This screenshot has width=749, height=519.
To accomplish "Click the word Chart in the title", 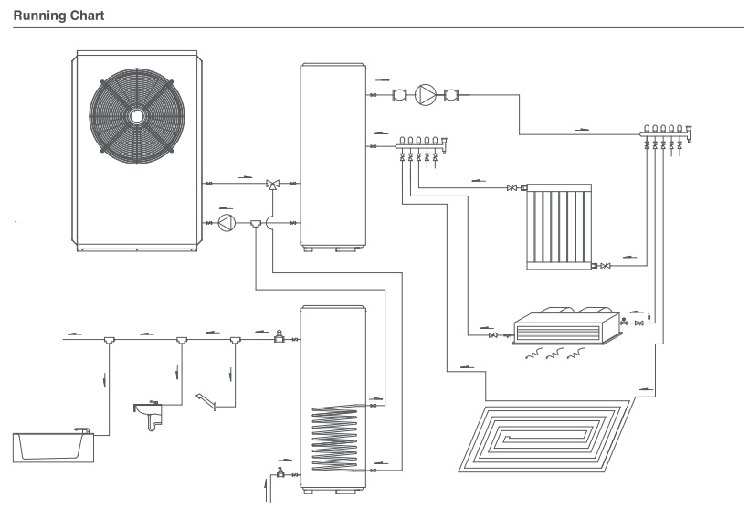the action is pyautogui.click(x=87, y=16).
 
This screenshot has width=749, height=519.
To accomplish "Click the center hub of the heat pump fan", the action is pyautogui.click(x=137, y=116).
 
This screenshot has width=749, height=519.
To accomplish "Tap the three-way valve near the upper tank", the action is pyautogui.click(x=273, y=185).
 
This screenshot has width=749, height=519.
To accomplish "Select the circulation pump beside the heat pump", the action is pyautogui.click(x=227, y=223).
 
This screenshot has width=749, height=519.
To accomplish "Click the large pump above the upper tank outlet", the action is pyautogui.click(x=425, y=95).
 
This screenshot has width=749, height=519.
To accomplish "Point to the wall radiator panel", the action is pyautogui.click(x=559, y=227).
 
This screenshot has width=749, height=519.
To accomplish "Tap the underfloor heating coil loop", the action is pyautogui.click(x=545, y=436).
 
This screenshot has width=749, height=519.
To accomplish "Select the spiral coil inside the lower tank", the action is pyautogui.click(x=334, y=439).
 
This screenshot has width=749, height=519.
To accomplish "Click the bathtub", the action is pyautogui.click(x=54, y=447).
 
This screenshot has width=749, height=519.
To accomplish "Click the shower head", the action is pyautogui.click(x=206, y=401).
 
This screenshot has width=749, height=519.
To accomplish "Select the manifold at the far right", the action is pyautogui.click(x=665, y=138).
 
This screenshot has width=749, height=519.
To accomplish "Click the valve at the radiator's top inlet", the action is pyautogui.click(x=512, y=188).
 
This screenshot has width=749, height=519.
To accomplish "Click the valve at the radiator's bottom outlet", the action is pyautogui.click(x=606, y=266).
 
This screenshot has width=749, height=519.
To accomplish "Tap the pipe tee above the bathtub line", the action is pyautogui.click(x=110, y=340).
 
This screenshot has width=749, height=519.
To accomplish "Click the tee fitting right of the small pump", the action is pyautogui.click(x=256, y=223).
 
